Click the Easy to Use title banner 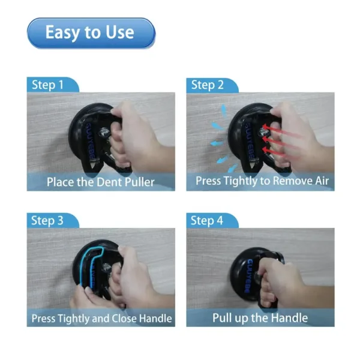[91, 32]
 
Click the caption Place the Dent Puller [101, 182]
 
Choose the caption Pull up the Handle [260, 318]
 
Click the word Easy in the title [62, 32]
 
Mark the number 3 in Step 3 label [59, 220]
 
